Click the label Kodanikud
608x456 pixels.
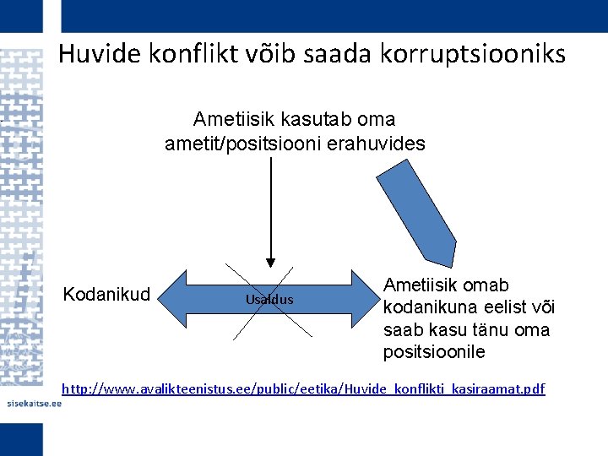pos(107,295)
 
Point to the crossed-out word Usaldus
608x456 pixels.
pos(269,300)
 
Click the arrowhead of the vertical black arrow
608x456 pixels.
pos(270,261)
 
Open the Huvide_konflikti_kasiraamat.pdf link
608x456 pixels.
pos(304,388)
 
